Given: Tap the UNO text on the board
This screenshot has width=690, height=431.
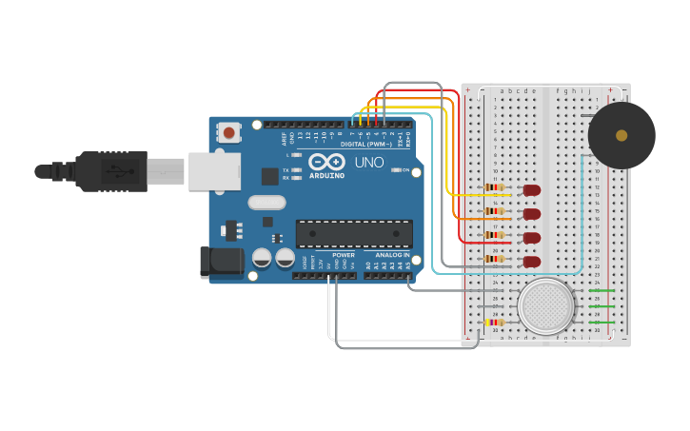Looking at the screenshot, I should click(x=369, y=163).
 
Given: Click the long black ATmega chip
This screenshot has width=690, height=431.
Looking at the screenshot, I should click(x=354, y=234).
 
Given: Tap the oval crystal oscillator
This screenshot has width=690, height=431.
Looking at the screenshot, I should click(x=266, y=202).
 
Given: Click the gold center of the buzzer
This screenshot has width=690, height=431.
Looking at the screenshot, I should click(x=621, y=135).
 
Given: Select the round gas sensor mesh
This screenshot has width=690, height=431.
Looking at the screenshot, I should click(x=546, y=306).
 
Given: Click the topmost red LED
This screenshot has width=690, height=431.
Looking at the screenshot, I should click(x=532, y=190).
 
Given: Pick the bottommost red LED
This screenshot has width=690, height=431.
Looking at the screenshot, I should click(x=532, y=261).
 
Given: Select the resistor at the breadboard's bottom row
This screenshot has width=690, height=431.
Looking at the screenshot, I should click(x=494, y=323).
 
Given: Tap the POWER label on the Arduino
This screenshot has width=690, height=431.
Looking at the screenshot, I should click(x=344, y=255).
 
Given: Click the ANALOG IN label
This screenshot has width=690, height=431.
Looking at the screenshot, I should click(x=392, y=255).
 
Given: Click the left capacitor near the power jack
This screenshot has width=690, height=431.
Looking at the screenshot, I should click(x=262, y=257).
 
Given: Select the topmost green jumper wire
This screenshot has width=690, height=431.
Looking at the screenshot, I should click(x=602, y=289).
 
